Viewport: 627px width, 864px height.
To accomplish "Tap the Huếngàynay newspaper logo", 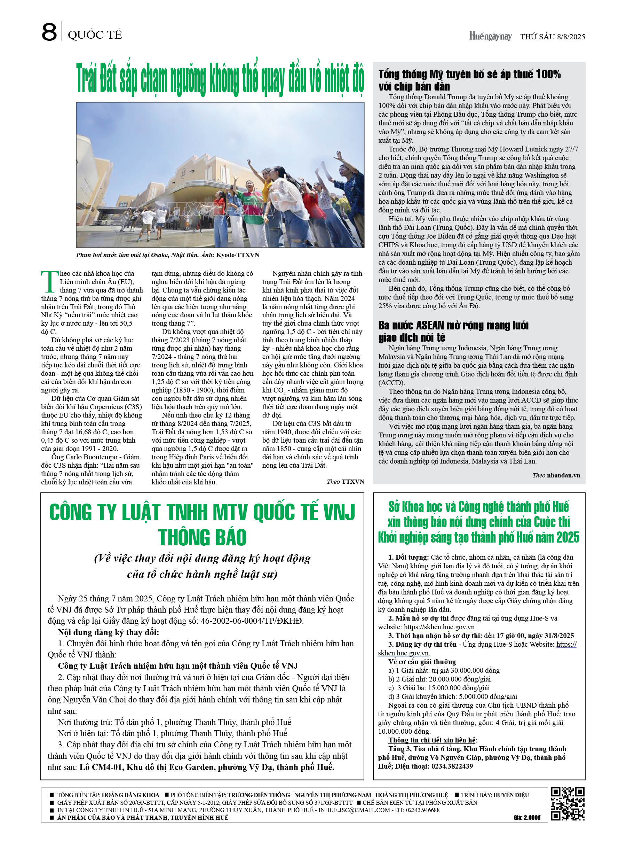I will (490, 36).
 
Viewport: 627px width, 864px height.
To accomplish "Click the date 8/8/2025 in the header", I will (571, 37).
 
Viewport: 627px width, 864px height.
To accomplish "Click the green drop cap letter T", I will (49, 281).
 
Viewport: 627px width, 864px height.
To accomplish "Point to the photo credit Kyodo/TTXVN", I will (238, 255).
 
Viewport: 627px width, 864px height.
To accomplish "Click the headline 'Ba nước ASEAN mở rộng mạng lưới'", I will (453, 325).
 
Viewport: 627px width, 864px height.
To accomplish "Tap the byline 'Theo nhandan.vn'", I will (556, 475).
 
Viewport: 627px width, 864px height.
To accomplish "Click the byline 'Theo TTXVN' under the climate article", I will (345, 482).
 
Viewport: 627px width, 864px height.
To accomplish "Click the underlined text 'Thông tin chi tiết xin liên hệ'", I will (432, 740).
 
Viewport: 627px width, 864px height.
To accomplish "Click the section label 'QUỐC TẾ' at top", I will (95, 35).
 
